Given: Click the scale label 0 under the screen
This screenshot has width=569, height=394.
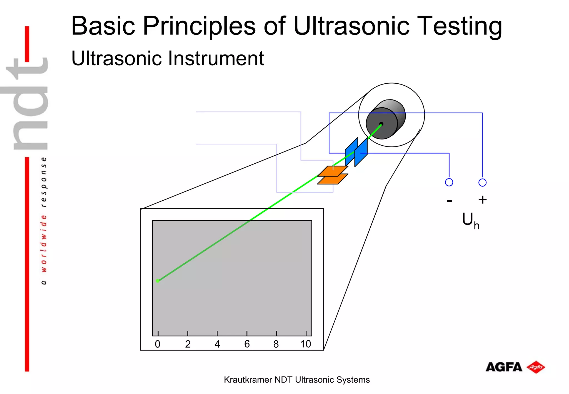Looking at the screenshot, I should click(x=158, y=344).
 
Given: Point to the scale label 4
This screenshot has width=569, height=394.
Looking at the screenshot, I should click(x=217, y=344).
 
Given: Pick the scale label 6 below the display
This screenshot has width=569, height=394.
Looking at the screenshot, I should click(x=247, y=344).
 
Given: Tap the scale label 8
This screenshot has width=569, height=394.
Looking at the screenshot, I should click(x=276, y=344).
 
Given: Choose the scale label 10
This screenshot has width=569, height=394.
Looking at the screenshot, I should click(x=306, y=344).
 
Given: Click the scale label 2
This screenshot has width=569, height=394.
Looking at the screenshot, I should click(x=188, y=344).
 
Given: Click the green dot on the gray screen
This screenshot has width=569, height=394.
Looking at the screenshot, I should click(x=158, y=281).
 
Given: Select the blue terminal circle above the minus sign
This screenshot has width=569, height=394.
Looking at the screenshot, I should click(x=449, y=182).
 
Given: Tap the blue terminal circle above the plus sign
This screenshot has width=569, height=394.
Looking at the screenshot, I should click(x=482, y=183).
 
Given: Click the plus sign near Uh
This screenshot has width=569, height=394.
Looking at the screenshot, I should click(x=483, y=200).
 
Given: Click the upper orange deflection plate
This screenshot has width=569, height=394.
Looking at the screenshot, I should click(x=333, y=171).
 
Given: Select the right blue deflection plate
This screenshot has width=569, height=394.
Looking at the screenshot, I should click(x=361, y=152).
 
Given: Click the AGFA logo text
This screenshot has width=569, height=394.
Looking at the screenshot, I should click(x=504, y=367).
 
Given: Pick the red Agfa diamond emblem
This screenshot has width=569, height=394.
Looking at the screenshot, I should click(x=536, y=367).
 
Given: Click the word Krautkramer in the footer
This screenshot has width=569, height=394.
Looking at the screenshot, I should click(x=248, y=380).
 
